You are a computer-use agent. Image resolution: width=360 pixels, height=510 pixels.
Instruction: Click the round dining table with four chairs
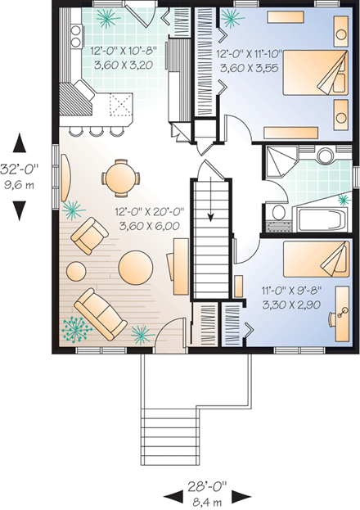coord(119,178)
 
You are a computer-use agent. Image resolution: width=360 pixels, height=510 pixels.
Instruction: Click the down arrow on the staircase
coord(210,217)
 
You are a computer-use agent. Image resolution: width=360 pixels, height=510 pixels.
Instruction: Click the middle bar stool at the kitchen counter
coord(97,130)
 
